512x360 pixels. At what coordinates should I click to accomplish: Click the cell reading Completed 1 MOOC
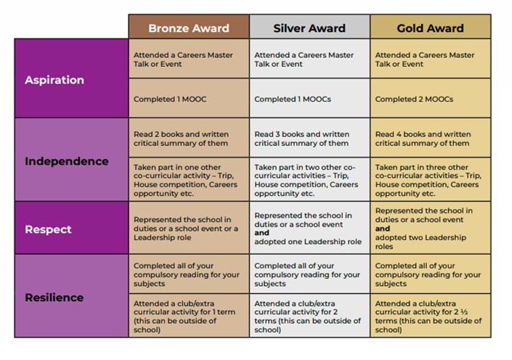click(189, 98)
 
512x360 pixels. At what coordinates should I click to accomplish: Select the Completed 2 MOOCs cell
click(431, 98)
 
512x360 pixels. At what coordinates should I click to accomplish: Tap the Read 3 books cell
click(309, 138)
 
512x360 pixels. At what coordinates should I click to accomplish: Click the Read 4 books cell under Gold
click(431, 138)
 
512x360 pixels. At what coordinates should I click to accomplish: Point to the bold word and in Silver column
click(262, 233)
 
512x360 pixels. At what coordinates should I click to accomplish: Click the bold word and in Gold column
click(383, 229)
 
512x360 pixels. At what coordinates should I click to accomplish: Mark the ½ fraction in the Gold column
click(464, 312)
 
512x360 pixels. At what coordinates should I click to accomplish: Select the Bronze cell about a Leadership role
click(189, 228)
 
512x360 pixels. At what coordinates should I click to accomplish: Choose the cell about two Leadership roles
click(431, 228)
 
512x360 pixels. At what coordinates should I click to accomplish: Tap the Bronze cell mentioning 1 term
click(189, 316)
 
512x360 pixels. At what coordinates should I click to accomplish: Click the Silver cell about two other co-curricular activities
click(309, 179)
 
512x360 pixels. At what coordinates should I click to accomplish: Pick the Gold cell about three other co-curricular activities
click(431, 179)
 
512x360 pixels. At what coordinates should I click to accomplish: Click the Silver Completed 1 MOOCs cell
click(309, 98)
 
